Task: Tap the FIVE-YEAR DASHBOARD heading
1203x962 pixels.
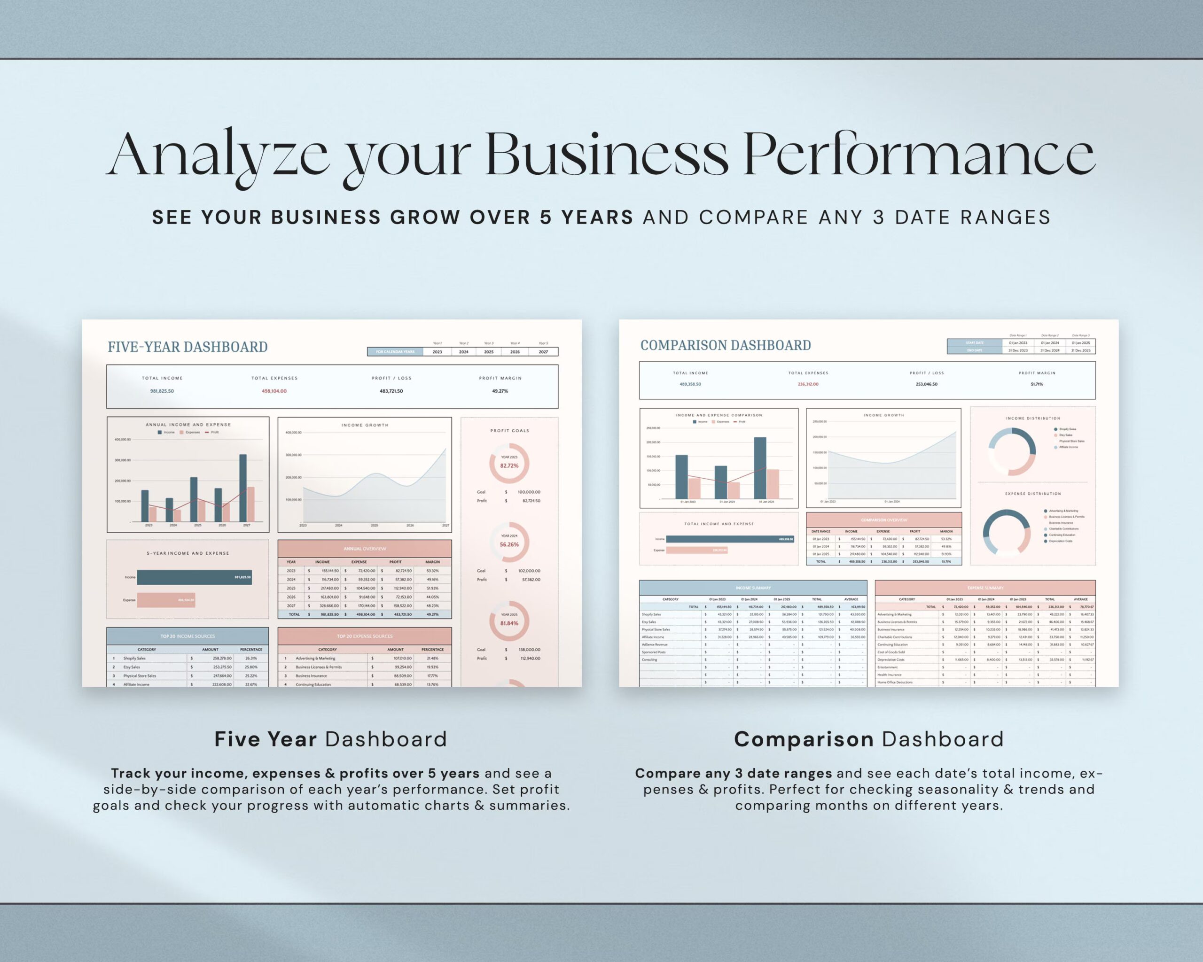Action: pos(187,347)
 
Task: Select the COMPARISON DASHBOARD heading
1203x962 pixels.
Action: pos(726,345)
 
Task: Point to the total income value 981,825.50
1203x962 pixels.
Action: pos(162,391)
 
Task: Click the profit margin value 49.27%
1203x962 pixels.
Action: pos(500,391)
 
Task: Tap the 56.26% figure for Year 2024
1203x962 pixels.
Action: pos(509,544)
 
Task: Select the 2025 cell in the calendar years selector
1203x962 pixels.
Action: pos(488,352)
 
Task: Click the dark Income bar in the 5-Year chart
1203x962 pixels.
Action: pos(194,577)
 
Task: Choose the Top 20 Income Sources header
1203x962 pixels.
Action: pos(187,636)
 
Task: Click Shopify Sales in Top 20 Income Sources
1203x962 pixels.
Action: pos(134,658)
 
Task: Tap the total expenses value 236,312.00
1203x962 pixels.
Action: pos(808,384)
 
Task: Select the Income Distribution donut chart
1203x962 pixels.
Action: pos(1012,452)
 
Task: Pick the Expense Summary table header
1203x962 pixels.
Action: pos(985,588)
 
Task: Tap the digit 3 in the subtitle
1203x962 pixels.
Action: pos(879,217)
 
